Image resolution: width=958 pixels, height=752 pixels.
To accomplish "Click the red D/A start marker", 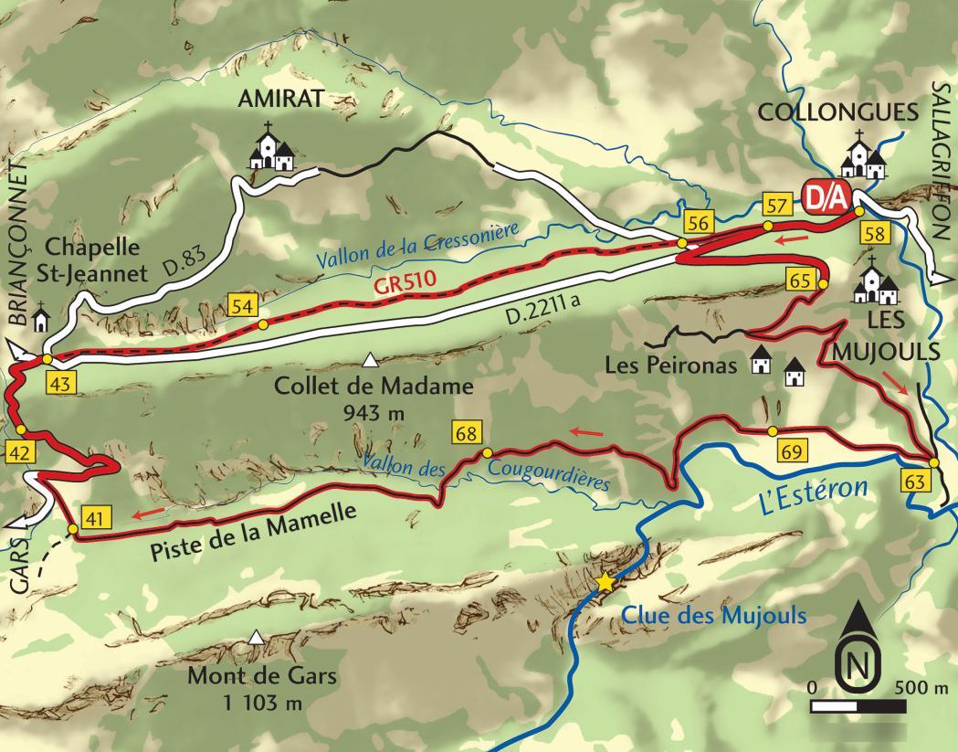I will coord(826,197).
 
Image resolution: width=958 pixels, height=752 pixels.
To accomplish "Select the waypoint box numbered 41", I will coord(93,518).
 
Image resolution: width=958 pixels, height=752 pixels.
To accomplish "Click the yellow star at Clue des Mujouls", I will coord(605,582).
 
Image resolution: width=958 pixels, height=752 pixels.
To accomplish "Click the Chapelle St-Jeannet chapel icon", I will coord(41,319).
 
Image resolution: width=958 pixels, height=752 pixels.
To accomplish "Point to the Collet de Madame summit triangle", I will coord(370,359).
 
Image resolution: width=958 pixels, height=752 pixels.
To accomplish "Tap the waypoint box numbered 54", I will coord(243,307).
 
